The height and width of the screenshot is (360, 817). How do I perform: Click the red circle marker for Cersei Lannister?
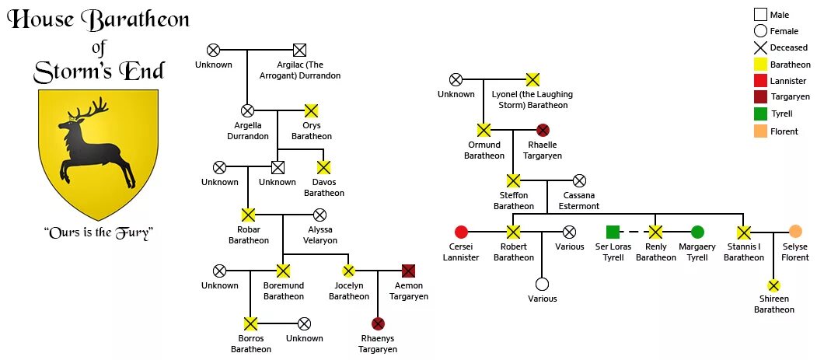(461, 232)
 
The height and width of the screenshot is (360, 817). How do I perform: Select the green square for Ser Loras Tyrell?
(613, 232)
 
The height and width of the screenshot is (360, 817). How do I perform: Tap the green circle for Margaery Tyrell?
(697, 232)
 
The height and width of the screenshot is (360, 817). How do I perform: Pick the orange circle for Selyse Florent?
(795, 232)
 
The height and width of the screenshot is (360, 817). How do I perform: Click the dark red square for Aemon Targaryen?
(408, 271)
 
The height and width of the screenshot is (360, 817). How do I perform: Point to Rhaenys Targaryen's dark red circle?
(378, 323)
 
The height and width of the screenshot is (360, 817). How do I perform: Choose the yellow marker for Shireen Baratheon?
(773, 285)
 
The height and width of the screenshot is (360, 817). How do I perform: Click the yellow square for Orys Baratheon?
(311, 110)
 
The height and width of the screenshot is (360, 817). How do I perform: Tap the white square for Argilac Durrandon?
(299, 51)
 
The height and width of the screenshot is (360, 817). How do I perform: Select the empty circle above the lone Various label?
(542, 284)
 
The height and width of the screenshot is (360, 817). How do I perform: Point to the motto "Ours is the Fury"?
(97, 232)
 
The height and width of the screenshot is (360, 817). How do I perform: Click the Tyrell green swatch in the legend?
(760, 114)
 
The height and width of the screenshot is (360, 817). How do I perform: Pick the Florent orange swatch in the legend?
(760, 131)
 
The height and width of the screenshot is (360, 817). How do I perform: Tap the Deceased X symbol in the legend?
(760, 47)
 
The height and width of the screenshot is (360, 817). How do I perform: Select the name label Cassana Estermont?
(579, 201)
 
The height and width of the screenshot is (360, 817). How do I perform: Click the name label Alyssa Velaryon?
(319, 235)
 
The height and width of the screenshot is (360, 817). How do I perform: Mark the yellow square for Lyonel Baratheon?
(532, 79)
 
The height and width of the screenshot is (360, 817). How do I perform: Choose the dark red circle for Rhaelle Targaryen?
(543, 130)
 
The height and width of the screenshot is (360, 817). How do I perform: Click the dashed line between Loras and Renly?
(634, 232)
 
